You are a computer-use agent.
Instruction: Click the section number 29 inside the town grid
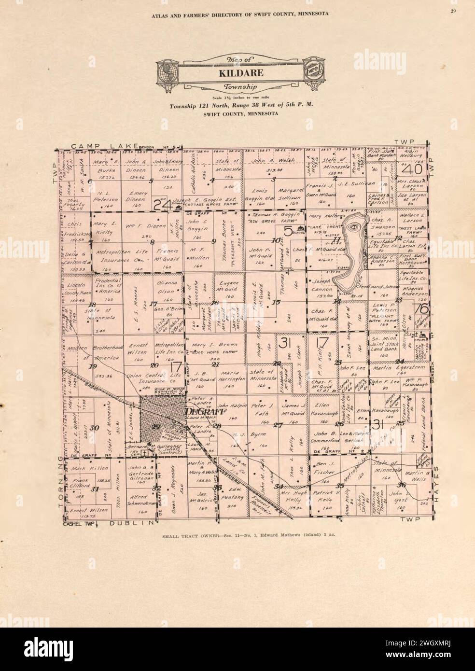coord(155,426)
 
